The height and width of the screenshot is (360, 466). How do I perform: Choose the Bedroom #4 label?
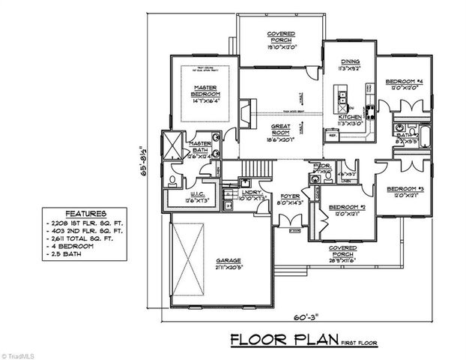404,82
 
